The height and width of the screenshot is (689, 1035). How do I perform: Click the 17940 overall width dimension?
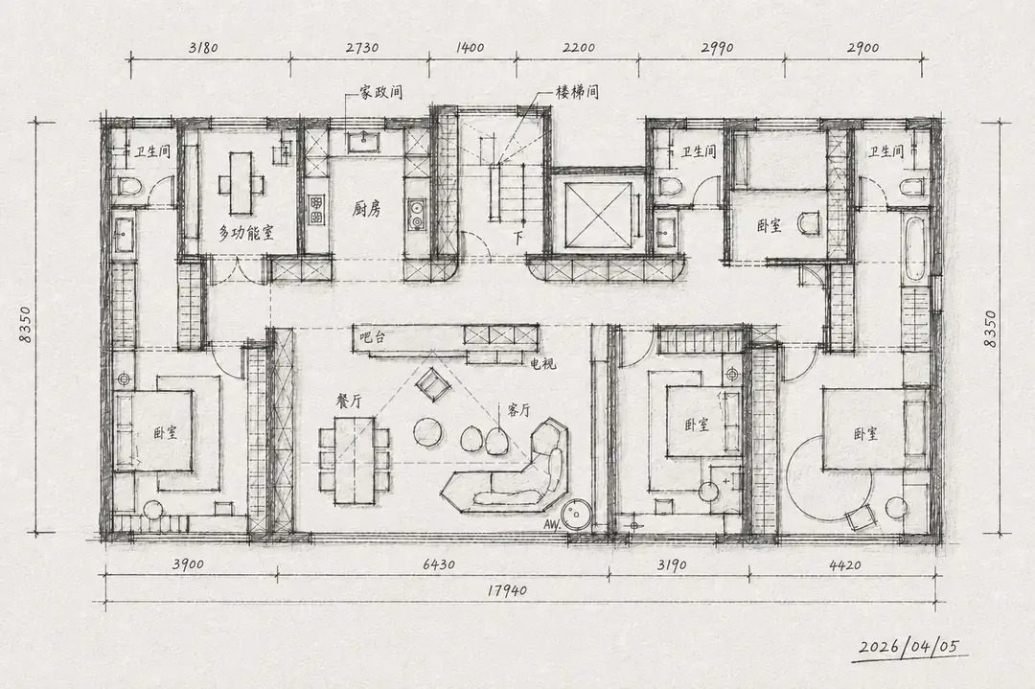click(x=508, y=589)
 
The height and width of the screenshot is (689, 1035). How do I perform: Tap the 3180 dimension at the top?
click(x=203, y=48)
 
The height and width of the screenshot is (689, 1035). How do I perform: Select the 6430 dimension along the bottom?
click(x=439, y=565)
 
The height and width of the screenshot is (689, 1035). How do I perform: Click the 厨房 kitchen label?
click(x=367, y=210)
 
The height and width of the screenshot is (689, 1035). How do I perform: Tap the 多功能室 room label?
click(x=246, y=232)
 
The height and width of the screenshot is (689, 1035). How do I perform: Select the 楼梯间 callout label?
click(x=577, y=92)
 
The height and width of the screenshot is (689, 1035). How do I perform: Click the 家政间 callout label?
click(x=380, y=92)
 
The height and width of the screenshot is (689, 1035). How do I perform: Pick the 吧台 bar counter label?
click(x=372, y=338)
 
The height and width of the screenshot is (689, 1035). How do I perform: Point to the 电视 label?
click(x=543, y=363)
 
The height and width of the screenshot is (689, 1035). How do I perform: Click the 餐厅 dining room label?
click(x=350, y=402)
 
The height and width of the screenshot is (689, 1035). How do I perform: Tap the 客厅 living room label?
click(x=518, y=410)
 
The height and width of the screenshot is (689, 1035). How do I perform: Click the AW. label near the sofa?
click(x=553, y=525)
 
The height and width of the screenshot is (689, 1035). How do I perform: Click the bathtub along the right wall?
click(x=914, y=247)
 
